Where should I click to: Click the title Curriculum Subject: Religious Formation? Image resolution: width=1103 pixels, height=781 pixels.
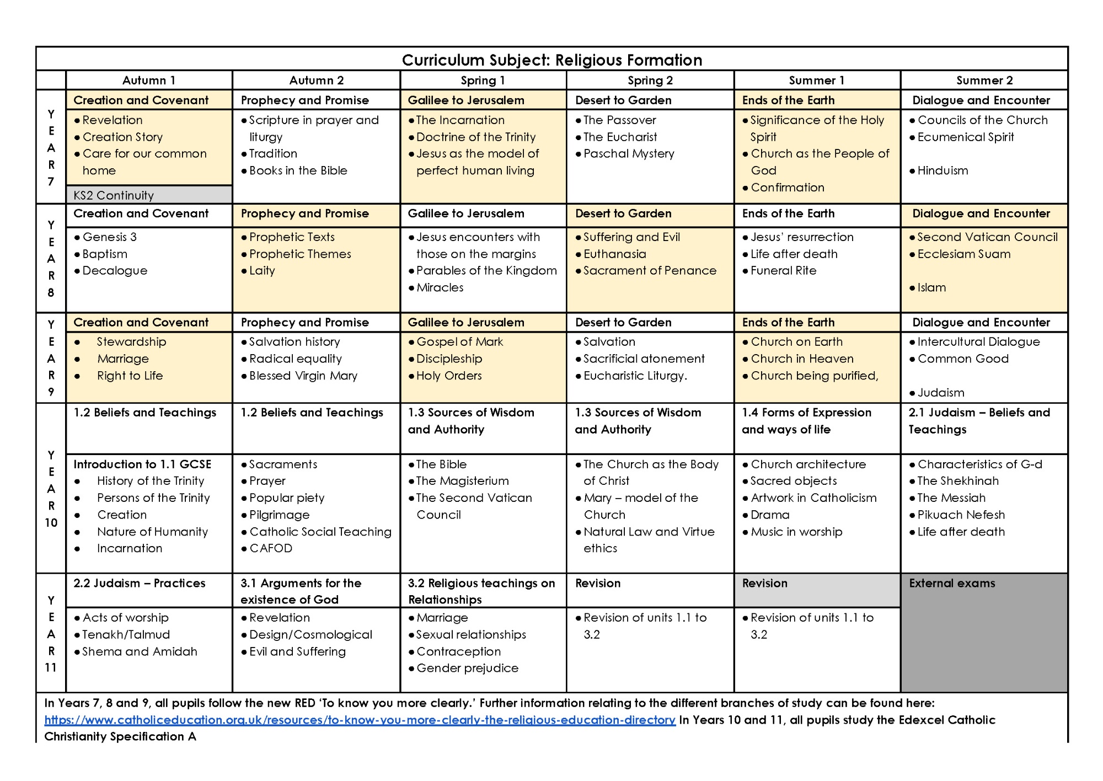click(551, 60)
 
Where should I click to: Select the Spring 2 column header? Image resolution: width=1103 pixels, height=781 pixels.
click(650, 81)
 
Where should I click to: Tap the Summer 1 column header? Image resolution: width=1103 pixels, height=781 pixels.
click(816, 81)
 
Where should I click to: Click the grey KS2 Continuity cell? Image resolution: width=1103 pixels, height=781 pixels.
click(114, 195)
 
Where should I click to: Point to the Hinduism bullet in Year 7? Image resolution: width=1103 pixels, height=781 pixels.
click(943, 171)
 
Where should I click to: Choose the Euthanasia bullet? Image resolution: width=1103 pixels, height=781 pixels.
click(614, 254)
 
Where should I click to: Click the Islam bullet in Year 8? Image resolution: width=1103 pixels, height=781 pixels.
click(931, 288)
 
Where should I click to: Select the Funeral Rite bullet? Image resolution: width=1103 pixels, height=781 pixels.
click(783, 271)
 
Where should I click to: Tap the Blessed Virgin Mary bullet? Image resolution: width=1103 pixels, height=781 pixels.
click(303, 376)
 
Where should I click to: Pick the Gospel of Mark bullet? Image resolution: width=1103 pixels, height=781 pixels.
click(459, 342)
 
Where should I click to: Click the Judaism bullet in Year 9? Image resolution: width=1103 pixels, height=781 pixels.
click(940, 393)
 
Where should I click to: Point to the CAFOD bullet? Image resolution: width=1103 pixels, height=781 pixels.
click(270, 549)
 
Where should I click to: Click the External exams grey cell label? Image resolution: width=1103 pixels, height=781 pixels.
click(952, 584)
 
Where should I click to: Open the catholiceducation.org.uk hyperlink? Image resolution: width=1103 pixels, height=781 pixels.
click(360, 720)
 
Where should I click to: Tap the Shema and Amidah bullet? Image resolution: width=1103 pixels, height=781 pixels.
click(139, 652)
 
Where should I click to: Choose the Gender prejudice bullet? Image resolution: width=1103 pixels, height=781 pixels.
click(467, 668)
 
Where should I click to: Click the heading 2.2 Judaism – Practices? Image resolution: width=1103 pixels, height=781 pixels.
click(139, 584)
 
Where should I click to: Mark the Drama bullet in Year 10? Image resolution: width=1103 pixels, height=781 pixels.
click(770, 515)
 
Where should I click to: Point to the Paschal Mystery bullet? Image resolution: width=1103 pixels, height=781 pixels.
click(628, 154)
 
